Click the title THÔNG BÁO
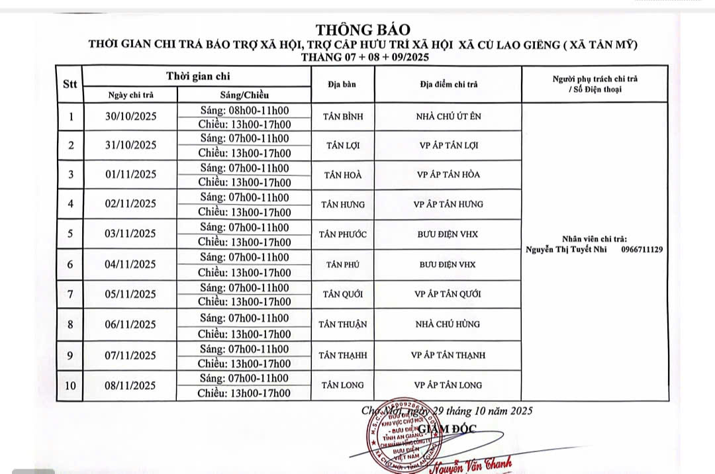click(363, 30)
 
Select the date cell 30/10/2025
click(130, 117)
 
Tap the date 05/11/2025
click(130, 294)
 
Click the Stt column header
click(70, 84)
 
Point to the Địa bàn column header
click(342, 84)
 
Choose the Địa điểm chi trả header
click(448, 84)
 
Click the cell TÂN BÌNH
click(343, 117)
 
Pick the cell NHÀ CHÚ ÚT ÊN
click(448, 117)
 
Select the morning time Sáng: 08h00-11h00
click(244, 110)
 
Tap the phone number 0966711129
click(642, 250)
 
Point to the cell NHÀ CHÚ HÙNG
click(448, 324)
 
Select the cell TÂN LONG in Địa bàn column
click(343, 385)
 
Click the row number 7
click(70, 294)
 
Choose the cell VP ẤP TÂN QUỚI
click(448, 294)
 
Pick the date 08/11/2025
click(130, 385)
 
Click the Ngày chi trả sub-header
click(130, 95)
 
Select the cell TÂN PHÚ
click(343, 264)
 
